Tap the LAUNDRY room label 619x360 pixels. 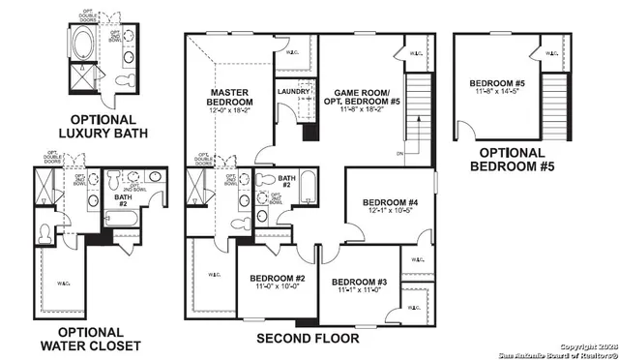(292, 92)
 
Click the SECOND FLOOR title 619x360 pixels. (307, 340)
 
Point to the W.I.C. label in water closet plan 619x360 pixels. (63, 284)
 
